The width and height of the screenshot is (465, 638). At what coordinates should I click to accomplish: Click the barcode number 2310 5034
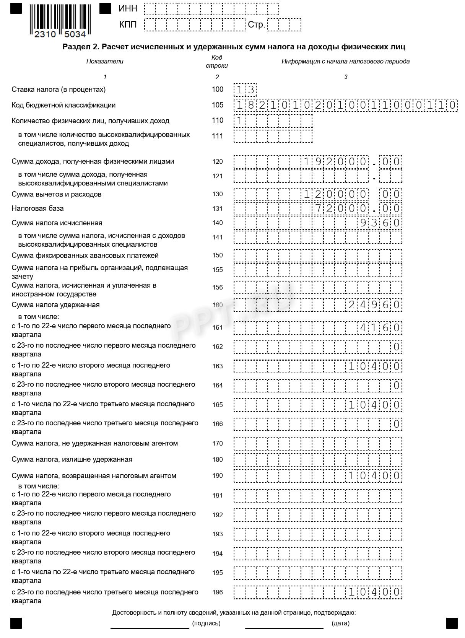coord(60,34)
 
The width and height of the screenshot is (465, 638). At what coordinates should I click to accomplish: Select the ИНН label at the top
coord(128,8)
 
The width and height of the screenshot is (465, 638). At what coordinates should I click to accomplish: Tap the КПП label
coord(128,24)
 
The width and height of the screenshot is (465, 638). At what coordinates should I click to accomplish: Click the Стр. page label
coord(256,25)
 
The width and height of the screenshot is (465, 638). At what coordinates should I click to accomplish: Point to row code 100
coord(218,90)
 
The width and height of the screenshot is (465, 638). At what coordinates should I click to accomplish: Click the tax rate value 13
coord(245,90)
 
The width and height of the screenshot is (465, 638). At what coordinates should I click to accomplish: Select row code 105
coord(218,105)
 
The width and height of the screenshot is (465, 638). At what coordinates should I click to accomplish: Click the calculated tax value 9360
coord(380,223)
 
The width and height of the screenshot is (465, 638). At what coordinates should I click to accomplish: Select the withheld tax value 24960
coord(374,305)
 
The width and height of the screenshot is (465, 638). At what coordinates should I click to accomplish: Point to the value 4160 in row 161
coord(380,328)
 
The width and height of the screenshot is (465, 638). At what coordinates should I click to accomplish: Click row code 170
coord(218,444)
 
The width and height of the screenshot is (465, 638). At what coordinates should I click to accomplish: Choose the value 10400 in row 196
coord(374,592)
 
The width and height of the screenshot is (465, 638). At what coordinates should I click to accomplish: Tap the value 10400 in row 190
coord(374,476)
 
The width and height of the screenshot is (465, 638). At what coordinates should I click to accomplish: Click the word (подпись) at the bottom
coord(206,623)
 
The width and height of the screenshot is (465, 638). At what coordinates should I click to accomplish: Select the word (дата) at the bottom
coord(340,623)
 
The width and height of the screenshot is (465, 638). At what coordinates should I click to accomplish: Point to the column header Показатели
coord(105,61)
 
